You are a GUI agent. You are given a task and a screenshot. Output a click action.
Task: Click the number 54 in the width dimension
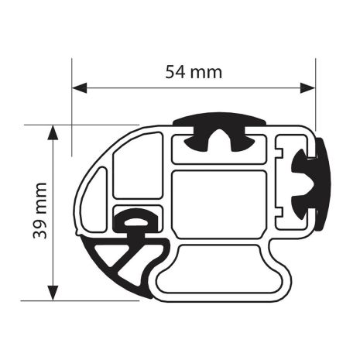coord(177,72)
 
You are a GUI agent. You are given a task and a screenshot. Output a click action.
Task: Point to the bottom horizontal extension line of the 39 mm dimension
coord(93,299)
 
